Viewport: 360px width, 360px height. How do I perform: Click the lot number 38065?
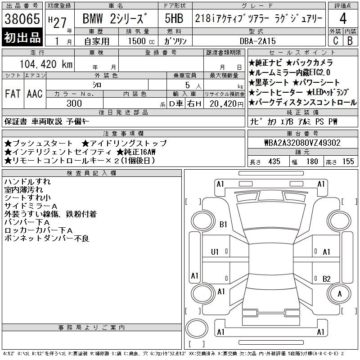(x=22, y=19)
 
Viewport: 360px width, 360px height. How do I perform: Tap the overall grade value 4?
(x=343, y=18)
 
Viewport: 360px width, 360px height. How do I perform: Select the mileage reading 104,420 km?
(x=46, y=64)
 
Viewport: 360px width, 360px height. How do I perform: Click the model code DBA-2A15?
(x=257, y=41)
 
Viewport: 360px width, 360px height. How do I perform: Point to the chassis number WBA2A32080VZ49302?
(x=302, y=143)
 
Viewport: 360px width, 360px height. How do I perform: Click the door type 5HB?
(x=174, y=18)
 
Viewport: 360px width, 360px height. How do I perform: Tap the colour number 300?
(x=74, y=103)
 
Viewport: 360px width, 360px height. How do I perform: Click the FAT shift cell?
(x=13, y=94)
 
